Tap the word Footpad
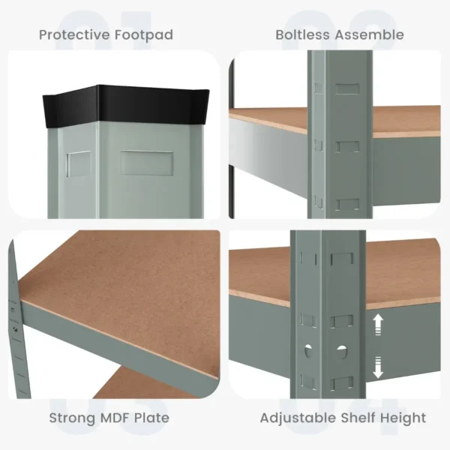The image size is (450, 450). pyautogui.click(x=145, y=34)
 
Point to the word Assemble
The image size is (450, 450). pyautogui.click(x=370, y=34)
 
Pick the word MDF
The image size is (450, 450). pyautogui.click(x=118, y=418)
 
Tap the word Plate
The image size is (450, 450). pyautogui.click(x=153, y=418)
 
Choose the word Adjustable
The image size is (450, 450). pyautogui.click(x=295, y=418)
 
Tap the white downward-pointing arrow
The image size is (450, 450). pyautogui.click(x=378, y=365)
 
